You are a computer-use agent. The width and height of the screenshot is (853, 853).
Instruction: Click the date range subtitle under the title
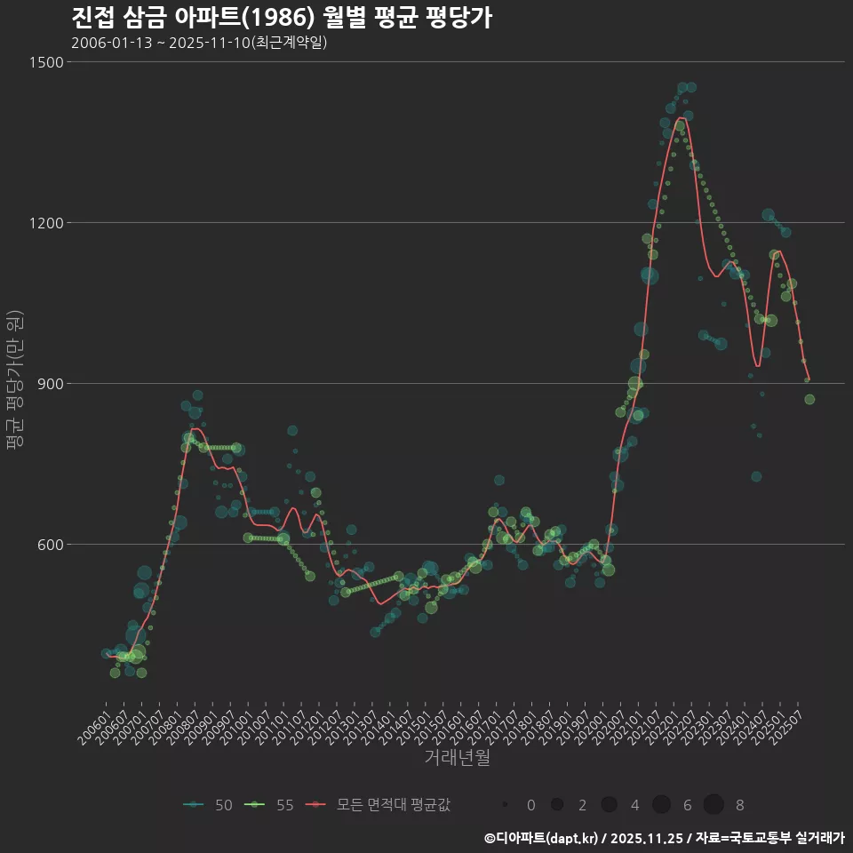tap(199, 43)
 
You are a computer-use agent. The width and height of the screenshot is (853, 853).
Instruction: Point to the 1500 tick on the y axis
tap(45, 62)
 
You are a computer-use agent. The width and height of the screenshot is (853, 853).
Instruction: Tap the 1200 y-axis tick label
tap(45, 223)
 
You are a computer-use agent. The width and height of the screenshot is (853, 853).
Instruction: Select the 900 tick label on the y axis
tap(50, 384)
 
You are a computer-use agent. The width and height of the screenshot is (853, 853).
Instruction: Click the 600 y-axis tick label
tap(50, 545)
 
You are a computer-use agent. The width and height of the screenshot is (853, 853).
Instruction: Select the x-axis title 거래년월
tap(457, 758)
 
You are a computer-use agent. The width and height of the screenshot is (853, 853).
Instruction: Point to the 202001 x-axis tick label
tap(589, 721)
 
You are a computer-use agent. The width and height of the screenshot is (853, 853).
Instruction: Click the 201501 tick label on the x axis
tap(412, 721)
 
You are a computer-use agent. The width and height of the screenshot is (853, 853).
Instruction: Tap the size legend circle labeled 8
tap(713, 805)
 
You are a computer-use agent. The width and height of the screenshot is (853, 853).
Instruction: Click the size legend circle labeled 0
tap(505, 805)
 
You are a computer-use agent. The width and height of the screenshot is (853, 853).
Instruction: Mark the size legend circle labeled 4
tap(609, 805)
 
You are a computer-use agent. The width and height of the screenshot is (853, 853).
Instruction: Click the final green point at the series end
tap(809, 400)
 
